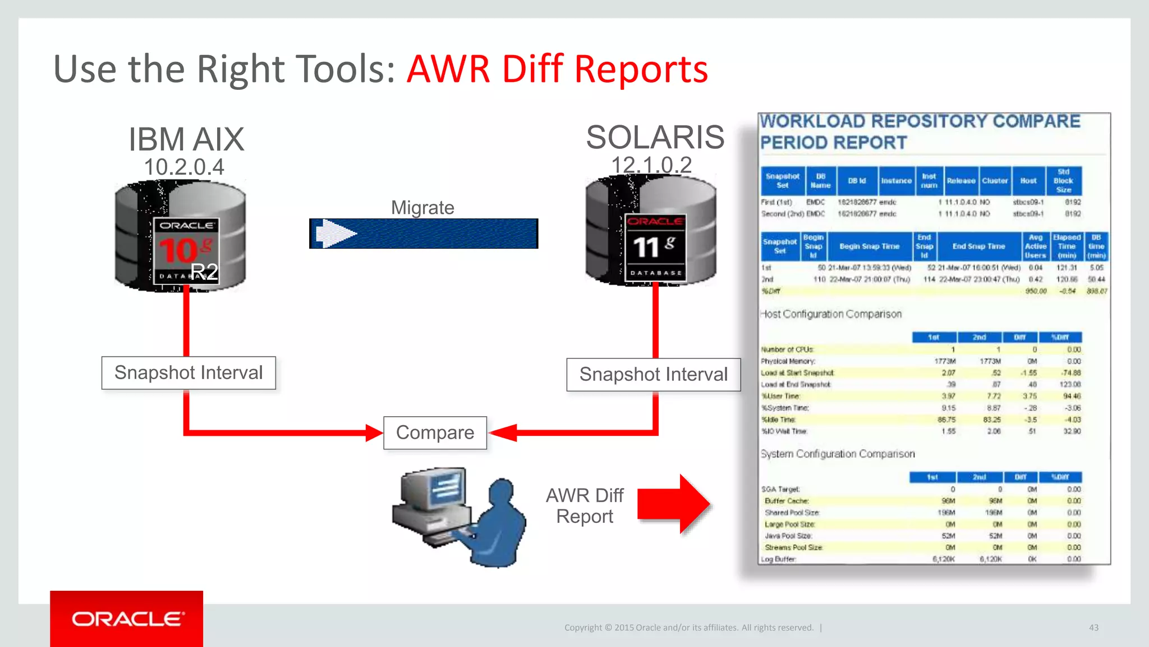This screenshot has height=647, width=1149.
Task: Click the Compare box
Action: pyautogui.click(x=435, y=432)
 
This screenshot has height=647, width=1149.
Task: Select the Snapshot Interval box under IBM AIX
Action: pyautogui.click(x=189, y=373)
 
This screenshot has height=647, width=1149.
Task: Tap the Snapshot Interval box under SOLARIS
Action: pyautogui.click(x=653, y=375)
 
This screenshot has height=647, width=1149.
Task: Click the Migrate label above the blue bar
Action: pyautogui.click(x=422, y=208)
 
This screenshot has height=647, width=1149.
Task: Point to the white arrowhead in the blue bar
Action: pyautogui.click(x=334, y=233)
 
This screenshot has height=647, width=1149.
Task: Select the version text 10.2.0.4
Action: pyautogui.click(x=184, y=167)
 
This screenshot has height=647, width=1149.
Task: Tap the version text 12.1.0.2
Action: pyautogui.click(x=651, y=165)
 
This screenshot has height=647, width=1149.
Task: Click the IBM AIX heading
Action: pyautogui.click(x=186, y=139)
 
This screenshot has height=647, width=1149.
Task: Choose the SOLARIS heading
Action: pyautogui.click(x=655, y=137)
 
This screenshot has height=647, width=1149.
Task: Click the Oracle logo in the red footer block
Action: pyautogui.click(x=127, y=619)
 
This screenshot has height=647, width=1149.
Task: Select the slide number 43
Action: pyautogui.click(x=1093, y=627)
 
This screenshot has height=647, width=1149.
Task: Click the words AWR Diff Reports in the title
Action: pyautogui.click(x=557, y=69)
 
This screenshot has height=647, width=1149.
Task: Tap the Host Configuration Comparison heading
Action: pyautogui.click(x=831, y=314)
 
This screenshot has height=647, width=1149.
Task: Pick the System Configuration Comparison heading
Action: pyautogui.click(x=837, y=454)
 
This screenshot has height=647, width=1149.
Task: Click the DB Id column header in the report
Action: pyautogui.click(x=857, y=181)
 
